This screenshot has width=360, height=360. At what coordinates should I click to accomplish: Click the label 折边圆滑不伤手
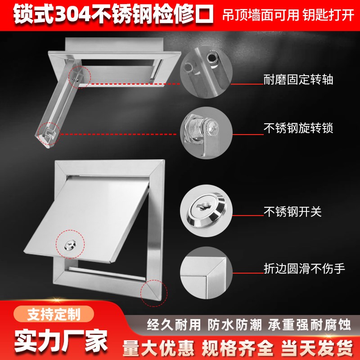tap(304, 269)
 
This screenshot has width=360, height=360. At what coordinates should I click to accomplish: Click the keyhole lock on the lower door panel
tap(70, 244)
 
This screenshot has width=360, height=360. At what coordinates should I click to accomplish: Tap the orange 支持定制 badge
tap(54, 314)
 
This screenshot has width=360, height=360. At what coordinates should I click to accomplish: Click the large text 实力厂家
tap(61, 337)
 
